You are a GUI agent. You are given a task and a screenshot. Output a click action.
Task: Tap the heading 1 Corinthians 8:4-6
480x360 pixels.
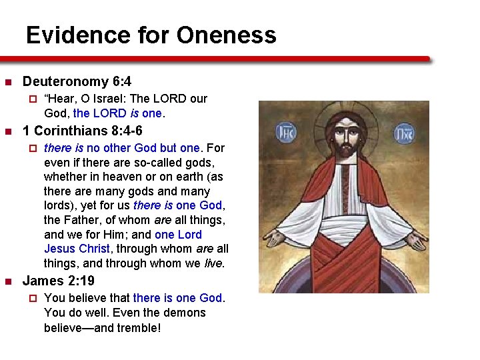pos(83,131)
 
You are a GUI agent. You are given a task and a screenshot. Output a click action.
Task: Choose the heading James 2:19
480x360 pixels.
pos(59,281)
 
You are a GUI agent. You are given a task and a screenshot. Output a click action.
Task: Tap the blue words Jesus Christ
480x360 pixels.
pos(77,249)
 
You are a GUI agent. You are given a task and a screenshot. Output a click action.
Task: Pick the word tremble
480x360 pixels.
pos(136,327)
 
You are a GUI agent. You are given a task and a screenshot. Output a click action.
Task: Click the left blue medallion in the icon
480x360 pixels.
pos(285,131)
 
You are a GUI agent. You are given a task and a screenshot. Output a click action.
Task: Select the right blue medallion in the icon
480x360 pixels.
pos(403,132)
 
